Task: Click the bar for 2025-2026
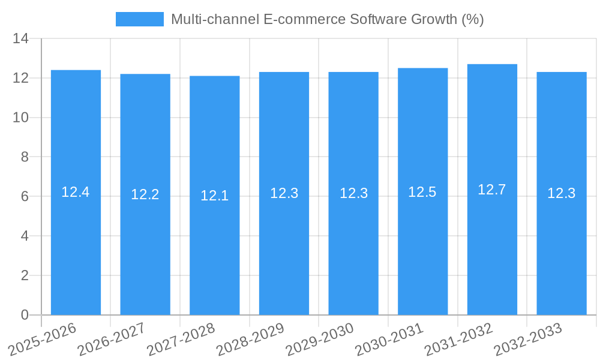pyautogui.click(x=76, y=252)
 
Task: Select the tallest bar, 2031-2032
pyautogui.click(x=492, y=252)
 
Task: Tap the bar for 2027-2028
pyautogui.click(x=214, y=252)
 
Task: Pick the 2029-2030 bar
pyautogui.click(x=353, y=252)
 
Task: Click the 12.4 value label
pyautogui.click(x=76, y=192)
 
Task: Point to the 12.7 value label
pyautogui.click(x=492, y=190)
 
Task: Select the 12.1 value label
pyautogui.click(x=214, y=196)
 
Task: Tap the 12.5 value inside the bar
pyautogui.click(x=422, y=192)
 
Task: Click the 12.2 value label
pyautogui.click(x=145, y=194)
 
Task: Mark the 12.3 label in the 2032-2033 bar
pyautogui.click(x=562, y=193)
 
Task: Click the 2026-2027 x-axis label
pyautogui.click(x=112, y=338)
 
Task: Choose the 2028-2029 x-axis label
pyautogui.click(x=250, y=338)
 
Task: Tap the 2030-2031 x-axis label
pyautogui.click(x=389, y=338)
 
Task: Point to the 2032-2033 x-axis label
pyautogui.click(x=528, y=338)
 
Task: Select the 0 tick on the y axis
pyautogui.click(x=25, y=315)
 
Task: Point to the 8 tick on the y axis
pyautogui.click(x=25, y=157)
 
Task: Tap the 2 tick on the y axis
pyautogui.click(x=25, y=275)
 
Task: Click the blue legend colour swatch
pyautogui.click(x=139, y=19)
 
